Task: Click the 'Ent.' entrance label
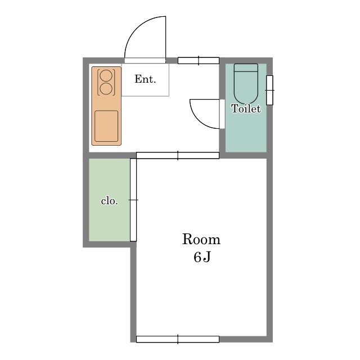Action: click(x=145, y=79)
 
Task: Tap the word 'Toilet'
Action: click(x=246, y=109)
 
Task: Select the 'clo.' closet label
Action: click(x=110, y=201)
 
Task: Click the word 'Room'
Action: click(x=201, y=239)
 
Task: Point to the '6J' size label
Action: click(x=202, y=257)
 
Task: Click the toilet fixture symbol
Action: click(x=246, y=84)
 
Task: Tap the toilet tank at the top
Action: click(x=246, y=67)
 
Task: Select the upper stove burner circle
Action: click(x=106, y=75)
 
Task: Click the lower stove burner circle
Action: click(x=106, y=89)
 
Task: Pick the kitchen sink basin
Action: click(x=106, y=126)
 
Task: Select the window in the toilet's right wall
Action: click(x=270, y=90)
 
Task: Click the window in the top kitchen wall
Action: click(x=199, y=61)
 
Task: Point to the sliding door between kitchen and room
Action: click(x=178, y=155)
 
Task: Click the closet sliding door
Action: click(x=133, y=200)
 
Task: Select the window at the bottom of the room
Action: click(x=178, y=339)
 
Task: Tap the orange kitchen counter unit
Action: click(x=106, y=106)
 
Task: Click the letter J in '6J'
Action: click(x=206, y=257)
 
